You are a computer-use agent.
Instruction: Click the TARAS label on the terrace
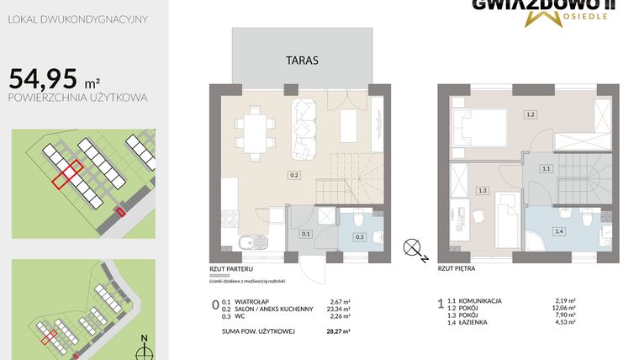301,61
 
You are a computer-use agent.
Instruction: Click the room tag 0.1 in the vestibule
306,234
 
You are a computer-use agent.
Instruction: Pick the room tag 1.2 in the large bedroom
530,114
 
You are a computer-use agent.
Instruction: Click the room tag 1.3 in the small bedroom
481,191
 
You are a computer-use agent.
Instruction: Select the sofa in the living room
303,130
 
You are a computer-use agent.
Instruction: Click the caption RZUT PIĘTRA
457,271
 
